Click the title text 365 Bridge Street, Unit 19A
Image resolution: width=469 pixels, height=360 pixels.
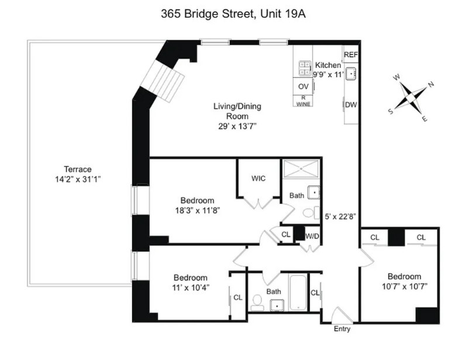[233, 15]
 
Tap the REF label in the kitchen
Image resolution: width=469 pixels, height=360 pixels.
[350, 54]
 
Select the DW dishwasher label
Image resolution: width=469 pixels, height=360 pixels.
[350, 105]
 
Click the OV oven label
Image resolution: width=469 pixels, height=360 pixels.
[303, 86]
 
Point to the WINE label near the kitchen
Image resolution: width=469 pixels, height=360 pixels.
[303, 104]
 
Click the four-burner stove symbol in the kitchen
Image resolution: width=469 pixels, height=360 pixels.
[305, 68]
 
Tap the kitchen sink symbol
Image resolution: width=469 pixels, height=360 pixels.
[351, 74]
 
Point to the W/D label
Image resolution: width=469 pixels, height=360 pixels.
[312, 236]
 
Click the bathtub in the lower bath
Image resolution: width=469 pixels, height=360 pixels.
[297, 291]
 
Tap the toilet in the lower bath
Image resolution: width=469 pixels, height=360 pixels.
[257, 301]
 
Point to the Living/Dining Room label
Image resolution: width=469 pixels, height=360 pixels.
[236, 111]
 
